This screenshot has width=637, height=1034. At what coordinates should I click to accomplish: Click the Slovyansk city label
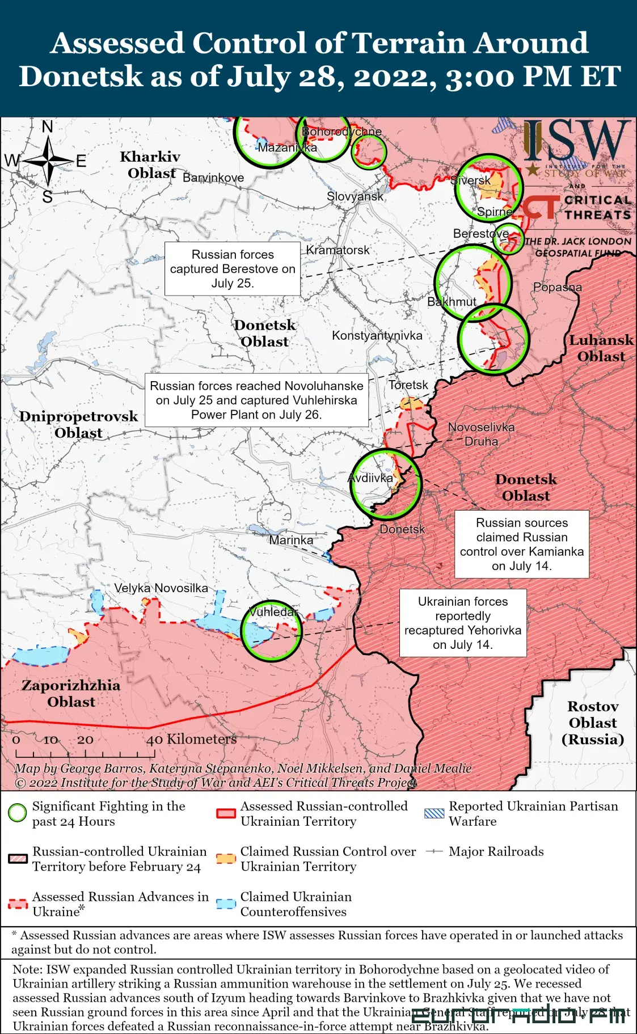[355, 196]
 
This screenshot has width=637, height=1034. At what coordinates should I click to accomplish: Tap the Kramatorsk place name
[338, 250]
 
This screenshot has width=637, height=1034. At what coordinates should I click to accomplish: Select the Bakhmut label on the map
[452, 302]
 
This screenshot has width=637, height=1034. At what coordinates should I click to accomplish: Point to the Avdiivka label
[370, 478]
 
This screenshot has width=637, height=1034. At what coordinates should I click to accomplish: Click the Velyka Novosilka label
[161, 588]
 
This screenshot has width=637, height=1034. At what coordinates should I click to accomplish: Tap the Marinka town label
[291, 540]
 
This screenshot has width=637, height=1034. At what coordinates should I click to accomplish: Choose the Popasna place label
[557, 287]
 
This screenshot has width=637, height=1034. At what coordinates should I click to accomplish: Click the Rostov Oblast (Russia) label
[592, 723]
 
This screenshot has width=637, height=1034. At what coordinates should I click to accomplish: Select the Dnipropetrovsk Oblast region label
[78, 424]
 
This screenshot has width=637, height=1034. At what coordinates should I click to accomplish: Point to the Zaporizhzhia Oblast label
[71, 693]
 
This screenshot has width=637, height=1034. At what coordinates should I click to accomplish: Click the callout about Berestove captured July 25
[233, 269]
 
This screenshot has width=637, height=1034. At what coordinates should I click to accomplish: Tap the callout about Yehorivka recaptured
[463, 623]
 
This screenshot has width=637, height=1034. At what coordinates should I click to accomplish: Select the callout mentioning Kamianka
[521, 544]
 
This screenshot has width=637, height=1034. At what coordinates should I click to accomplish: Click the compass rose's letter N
[48, 127]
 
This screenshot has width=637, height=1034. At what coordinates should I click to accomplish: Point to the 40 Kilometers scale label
[191, 739]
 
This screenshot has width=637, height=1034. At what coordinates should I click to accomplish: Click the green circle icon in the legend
[18, 813]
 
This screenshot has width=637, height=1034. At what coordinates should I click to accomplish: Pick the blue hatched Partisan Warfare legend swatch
[434, 813]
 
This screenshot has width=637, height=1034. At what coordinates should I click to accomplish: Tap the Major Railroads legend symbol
[434, 851]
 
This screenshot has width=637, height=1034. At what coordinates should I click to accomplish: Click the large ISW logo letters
[576, 141]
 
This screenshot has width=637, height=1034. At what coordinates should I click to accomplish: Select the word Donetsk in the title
[81, 76]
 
